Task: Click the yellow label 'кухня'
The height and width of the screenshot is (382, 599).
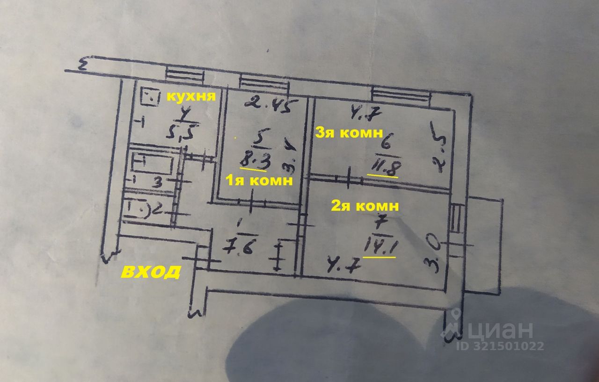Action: (191, 97)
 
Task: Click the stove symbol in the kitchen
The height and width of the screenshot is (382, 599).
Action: (151, 98)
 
